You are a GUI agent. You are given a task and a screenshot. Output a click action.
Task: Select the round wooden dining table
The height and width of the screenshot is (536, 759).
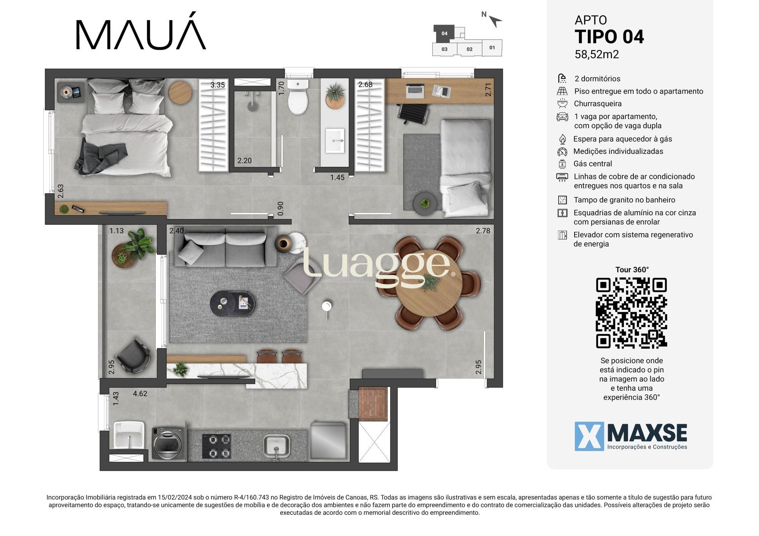click(x=429, y=283)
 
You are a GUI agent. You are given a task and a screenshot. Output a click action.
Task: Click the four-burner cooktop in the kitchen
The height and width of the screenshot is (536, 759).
click(x=216, y=446)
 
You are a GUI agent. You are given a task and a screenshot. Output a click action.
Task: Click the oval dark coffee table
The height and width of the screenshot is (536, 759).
click(x=233, y=303)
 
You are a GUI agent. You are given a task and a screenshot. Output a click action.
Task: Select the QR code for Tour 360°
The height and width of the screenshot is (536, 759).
click(x=631, y=313)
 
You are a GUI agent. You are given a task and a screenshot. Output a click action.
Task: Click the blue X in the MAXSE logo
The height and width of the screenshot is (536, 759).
click(x=589, y=436)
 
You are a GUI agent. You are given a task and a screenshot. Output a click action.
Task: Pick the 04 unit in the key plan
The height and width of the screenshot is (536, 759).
click(x=444, y=33)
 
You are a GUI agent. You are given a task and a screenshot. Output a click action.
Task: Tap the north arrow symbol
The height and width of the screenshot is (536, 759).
click(x=495, y=20)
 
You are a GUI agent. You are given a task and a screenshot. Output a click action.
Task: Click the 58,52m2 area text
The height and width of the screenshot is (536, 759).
click(x=597, y=55)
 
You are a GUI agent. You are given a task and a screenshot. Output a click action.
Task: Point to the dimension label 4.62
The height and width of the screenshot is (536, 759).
click(x=140, y=393)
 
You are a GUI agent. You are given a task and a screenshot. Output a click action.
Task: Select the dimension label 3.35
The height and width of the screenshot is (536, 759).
click(x=218, y=85)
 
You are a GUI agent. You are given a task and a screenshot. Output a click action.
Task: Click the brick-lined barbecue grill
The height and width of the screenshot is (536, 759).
click(x=373, y=404)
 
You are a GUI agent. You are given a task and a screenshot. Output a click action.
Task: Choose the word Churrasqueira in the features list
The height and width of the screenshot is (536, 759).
click(x=597, y=103)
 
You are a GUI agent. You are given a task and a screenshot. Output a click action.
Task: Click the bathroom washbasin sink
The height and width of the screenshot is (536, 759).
click(x=335, y=141)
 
